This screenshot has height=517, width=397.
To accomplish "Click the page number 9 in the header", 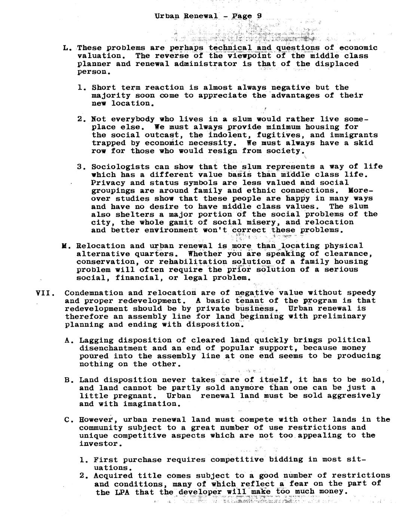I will click(259, 16).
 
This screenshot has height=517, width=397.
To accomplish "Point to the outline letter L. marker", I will click(67, 48).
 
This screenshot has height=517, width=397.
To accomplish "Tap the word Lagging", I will click(96, 340).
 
